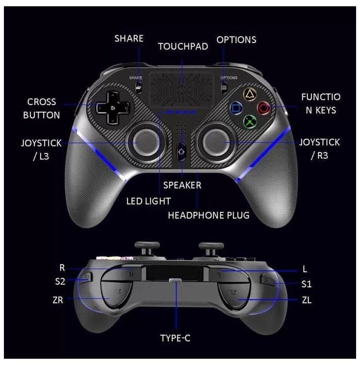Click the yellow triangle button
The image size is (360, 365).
(249, 94)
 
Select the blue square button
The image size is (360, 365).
(236, 107)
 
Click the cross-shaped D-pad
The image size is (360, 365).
(112, 107)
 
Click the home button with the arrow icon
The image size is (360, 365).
(181, 151)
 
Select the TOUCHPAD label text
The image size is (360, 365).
(183, 47)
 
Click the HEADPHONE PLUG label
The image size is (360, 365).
(209, 215)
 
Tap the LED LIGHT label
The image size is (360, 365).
(148, 201)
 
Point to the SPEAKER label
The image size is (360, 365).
(182, 185)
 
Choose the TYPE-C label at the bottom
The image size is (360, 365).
(175, 338)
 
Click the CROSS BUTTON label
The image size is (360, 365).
(41, 108)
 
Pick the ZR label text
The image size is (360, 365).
(58, 300)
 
